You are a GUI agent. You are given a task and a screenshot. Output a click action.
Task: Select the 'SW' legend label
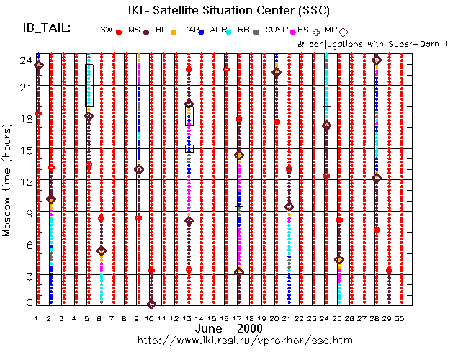[107, 30]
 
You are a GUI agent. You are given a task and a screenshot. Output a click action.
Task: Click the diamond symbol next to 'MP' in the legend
[343, 31]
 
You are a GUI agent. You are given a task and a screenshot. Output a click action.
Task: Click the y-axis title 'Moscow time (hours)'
[7, 181]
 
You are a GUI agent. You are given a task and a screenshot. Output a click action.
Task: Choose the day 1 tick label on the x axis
[36, 318]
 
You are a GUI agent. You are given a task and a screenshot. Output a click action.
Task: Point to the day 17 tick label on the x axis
[238, 318]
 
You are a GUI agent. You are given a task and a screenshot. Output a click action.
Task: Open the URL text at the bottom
[225, 339]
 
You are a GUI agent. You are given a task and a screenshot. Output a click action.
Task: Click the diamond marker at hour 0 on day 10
[151, 304]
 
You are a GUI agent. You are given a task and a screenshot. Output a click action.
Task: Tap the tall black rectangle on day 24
[327, 89]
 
